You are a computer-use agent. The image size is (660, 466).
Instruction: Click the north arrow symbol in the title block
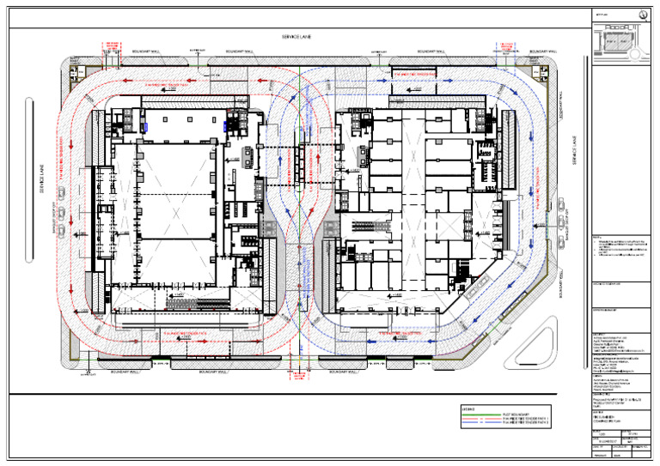pos(644,15)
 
